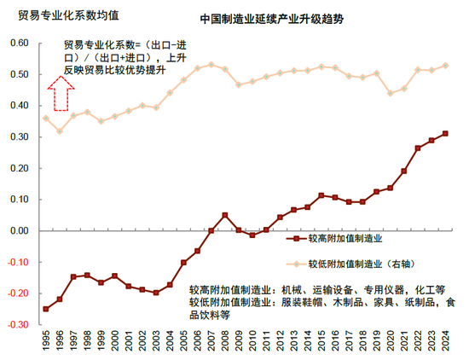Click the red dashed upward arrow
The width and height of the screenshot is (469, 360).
coord(59,94)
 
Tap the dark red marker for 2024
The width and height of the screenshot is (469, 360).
coord(445,134)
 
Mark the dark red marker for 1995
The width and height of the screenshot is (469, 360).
coord(46,309)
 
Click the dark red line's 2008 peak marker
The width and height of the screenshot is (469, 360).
coord(224,215)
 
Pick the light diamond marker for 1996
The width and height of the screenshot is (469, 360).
coord(60,131)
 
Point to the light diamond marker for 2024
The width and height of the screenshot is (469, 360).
coord(445,66)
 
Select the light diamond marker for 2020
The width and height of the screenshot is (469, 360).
coord(390,93)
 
